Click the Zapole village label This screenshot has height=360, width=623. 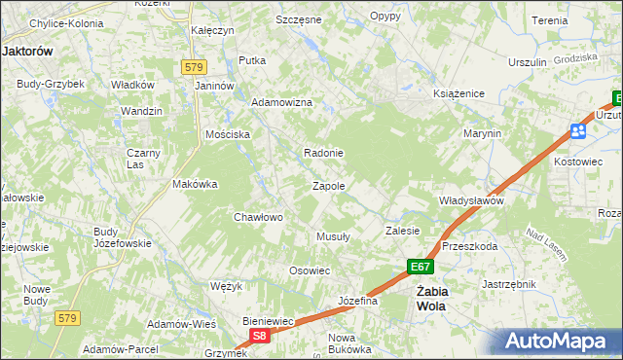[x=328, y=185]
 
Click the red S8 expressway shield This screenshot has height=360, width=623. [x=258, y=336]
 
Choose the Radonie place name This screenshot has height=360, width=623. [x=323, y=153]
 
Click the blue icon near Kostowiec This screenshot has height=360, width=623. [x=578, y=131]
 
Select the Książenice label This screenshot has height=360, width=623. [x=452, y=94]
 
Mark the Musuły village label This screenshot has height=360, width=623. [x=333, y=236]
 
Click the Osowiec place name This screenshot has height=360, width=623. [x=311, y=270]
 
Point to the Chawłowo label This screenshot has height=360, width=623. [x=258, y=217]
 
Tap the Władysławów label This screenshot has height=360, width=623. [x=470, y=200]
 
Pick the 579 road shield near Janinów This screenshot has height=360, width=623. [x=193, y=66]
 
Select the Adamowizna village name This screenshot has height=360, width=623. [x=281, y=102]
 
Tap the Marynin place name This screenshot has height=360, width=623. [x=482, y=132]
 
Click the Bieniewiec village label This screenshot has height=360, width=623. [x=268, y=319]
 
